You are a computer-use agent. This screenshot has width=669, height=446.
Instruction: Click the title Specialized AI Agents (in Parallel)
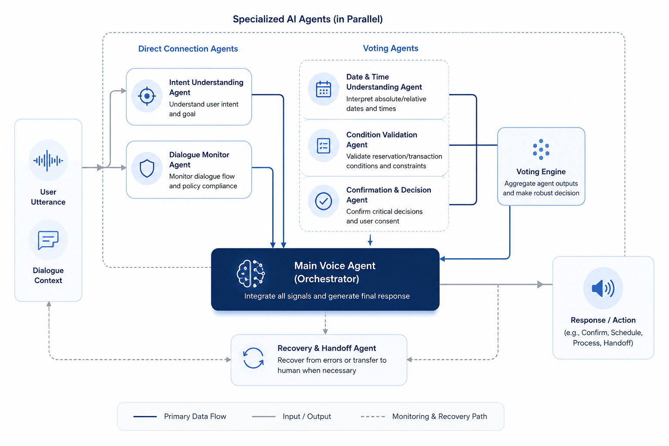pyautogui.click(x=307, y=20)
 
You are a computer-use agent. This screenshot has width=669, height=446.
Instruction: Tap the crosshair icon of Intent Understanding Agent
pyautogui.click(x=147, y=96)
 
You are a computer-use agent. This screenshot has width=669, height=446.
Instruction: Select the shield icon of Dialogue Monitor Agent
pyautogui.click(x=147, y=169)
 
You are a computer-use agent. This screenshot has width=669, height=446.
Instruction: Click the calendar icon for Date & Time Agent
pyautogui.click(x=324, y=89)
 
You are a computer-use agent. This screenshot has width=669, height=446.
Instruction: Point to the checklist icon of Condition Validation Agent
pyautogui.click(x=324, y=146)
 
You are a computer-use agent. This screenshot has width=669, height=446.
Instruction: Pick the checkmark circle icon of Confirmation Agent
pyautogui.click(x=324, y=201)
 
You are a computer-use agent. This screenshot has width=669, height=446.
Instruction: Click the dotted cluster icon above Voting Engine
pyautogui.click(x=541, y=149)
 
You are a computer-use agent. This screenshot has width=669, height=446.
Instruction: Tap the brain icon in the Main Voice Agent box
pyautogui.click(x=250, y=274)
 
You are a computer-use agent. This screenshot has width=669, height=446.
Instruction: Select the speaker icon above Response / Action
pyautogui.click(x=603, y=288)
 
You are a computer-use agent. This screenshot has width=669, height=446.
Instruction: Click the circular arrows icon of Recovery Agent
pyautogui.click(x=253, y=358)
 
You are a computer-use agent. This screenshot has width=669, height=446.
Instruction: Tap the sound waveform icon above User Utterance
pyautogui.click(x=48, y=161)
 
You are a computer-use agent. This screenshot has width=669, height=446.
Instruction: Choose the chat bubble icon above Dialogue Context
pyautogui.click(x=48, y=240)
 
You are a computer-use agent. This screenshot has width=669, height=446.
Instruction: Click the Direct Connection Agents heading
pyautogui.click(x=188, y=49)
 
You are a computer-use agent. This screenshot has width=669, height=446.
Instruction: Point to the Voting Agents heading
pyautogui.click(x=391, y=48)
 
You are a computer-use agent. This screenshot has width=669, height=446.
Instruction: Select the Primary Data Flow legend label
pyautogui.click(x=195, y=416)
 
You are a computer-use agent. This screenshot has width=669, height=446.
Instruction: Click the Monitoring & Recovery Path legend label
pyautogui.click(x=439, y=416)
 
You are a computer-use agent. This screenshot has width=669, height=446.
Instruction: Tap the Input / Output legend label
pyautogui.click(x=307, y=416)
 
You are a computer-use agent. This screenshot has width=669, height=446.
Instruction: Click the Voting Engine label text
pyautogui.click(x=541, y=172)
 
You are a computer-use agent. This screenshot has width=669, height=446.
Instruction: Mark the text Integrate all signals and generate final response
pyautogui.click(x=327, y=296)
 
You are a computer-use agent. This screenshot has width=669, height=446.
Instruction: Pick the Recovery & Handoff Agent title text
pyautogui.click(x=327, y=348)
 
